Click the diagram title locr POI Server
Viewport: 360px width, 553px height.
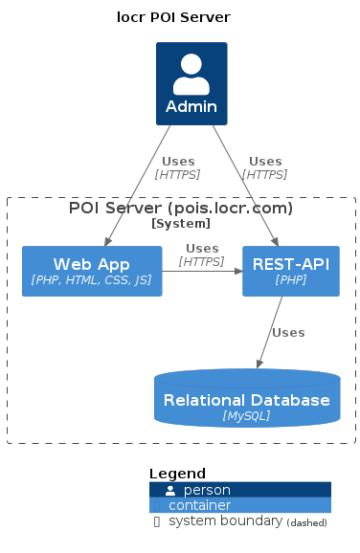pyautogui.click(x=173, y=17)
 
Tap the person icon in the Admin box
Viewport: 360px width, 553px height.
pyautogui.click(x=191, y=75)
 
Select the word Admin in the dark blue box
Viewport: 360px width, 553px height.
pyautogui.click(x=191, y=106)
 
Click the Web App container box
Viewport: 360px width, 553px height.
pyautogui.click(x=92, y=271)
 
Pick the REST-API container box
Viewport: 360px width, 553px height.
pyautogui.click(x=291, y=271)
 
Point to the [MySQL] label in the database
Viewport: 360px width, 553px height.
pyautogui.click(x=247, y=416)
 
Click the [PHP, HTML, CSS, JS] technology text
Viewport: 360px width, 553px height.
pyautogui.click(x=92, y=280)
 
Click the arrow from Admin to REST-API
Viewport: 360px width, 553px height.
pyautogui.click(x=244, y=186)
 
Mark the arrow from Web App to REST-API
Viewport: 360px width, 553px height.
pyautogui.click(x=202, y=271)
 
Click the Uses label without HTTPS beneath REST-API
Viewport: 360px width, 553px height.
pyautogui.click(x=288, y=333)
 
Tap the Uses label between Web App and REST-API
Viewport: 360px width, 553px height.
pyautogui.click(x=202, y=249)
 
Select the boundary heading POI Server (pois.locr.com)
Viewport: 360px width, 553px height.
pyautogui.click(x=181, y=209)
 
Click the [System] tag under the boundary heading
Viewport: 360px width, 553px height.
pyautogui.click(x=181, y=224)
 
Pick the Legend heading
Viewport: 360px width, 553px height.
pyautogui.click(x=177, y=474)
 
